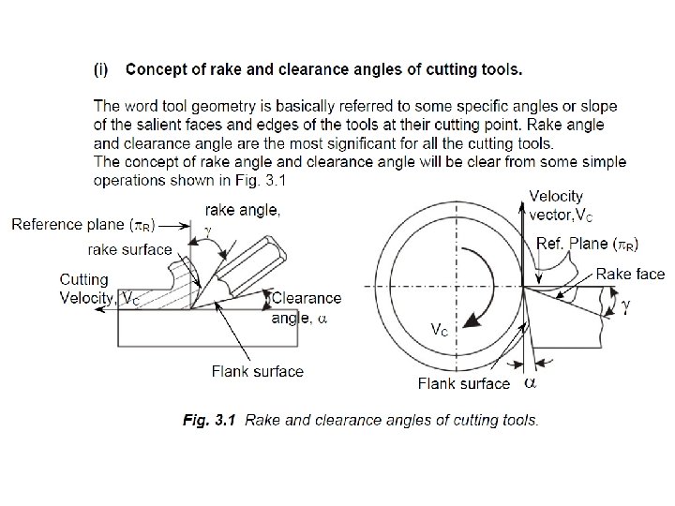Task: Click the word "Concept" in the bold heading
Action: (156, 68)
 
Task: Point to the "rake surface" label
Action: (129, 249)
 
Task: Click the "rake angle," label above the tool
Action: (241, 211)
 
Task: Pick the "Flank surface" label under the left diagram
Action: (258, 371)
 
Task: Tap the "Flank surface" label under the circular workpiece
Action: (464, 382)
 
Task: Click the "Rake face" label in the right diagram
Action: (632, 274)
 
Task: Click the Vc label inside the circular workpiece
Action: (438, 329)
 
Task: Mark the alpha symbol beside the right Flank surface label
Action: (530, 382)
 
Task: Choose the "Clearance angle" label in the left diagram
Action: (307, 308)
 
